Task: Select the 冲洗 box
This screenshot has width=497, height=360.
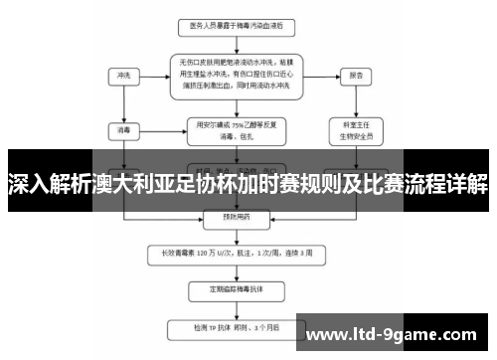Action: (122, 75)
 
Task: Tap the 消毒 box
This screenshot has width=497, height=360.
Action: (122, 128)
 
